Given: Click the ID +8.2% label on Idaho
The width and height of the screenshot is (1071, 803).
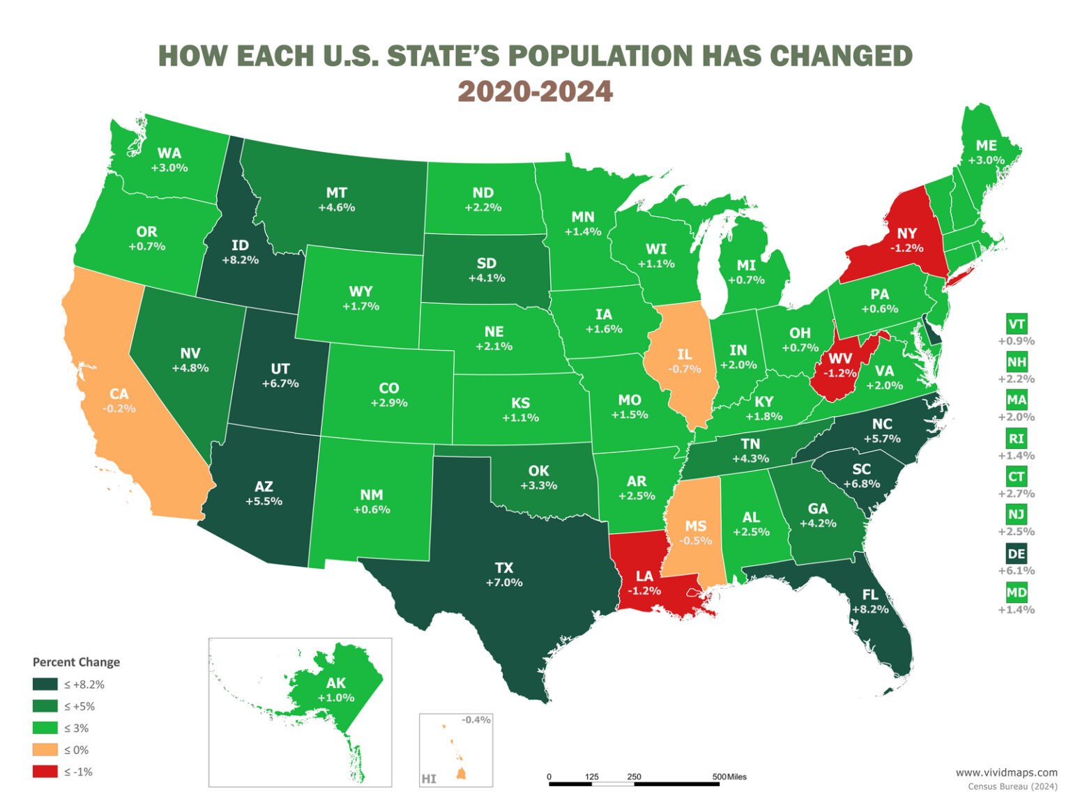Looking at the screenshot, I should click(x=240, y=252).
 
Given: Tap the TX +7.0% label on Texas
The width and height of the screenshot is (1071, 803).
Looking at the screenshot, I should click(x=504, y=575).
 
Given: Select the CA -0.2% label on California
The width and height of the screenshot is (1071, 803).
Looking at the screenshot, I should click(x=119, y=401).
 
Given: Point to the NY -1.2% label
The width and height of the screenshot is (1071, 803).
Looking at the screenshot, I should click(x=906, y=240).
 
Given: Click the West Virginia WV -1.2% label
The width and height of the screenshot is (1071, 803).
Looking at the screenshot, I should click(x=840, y=365).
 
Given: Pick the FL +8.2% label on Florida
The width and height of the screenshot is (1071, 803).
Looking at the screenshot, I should click(x=870, y=602).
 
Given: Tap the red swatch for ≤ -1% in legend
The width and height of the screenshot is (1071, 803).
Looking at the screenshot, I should click(x=45, y=772).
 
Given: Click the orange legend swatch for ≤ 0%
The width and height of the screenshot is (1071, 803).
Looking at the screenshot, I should click(x=45, y=750).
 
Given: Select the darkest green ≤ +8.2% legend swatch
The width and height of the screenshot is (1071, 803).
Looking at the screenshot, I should click(x=45, y=685).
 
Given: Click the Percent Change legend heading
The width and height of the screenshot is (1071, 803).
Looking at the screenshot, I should click(x=76, y=662).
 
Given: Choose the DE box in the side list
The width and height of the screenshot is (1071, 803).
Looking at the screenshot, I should click(x=1016, y=554).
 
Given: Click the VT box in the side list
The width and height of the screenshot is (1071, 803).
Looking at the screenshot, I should click(x=1016, y=325).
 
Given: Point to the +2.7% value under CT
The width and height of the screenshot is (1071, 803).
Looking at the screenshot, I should click(x=1016, y=494).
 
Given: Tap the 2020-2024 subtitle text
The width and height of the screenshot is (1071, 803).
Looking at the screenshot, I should click(x=535, y=91).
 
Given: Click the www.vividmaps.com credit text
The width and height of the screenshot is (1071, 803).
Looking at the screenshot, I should click(x=1006, y=772).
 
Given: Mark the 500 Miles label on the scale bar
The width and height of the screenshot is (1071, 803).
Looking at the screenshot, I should click(x=729, y=777).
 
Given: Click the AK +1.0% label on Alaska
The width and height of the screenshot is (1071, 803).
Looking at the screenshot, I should click(x=336, y=690).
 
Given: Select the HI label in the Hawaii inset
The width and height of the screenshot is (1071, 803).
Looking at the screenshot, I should click(x=429, y=779).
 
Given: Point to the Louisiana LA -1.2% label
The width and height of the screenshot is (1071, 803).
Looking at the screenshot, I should click(x=644, y=583).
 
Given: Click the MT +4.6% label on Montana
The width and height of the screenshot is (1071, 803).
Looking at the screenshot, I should click(x=336, y=199).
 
